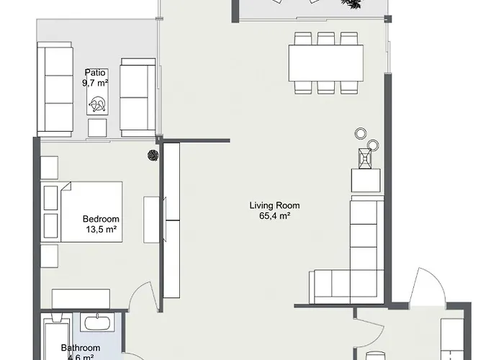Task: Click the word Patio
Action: pos(95,72)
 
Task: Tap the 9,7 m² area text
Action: pos(95,83)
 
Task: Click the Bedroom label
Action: pos(101,220)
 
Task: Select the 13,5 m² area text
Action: pos(101,230)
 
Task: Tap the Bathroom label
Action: pos(79,347)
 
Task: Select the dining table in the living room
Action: pos(325,63)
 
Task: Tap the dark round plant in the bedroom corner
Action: pos(153,153)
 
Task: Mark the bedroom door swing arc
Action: pos(143,295)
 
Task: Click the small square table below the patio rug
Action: pos(97,128)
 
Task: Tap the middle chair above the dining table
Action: pos(326,38)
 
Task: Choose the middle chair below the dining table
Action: pos(326,87)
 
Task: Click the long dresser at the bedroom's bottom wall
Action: pos(80,298)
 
